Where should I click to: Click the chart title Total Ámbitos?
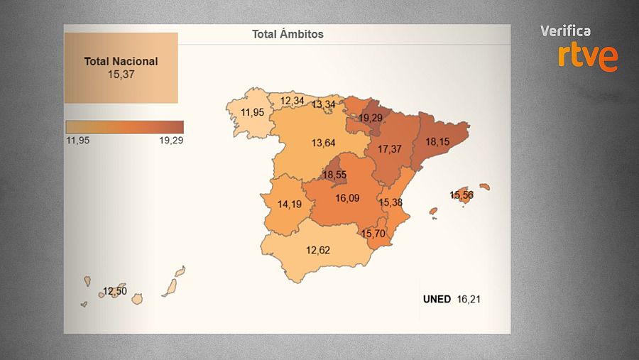288,34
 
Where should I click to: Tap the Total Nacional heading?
121,62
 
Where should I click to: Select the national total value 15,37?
121,74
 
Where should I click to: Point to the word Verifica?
565,31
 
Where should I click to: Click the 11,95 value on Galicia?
252,112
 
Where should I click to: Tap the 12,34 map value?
292,101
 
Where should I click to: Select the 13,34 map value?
323,104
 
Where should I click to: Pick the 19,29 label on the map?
370,118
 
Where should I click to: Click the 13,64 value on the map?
323,143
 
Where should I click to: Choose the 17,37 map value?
389,149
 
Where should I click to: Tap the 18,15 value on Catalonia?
437,141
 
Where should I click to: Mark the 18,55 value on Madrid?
334,174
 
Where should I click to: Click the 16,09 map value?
347,198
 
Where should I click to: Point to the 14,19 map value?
289,204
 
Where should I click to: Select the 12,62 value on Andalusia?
317,250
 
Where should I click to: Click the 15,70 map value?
373,233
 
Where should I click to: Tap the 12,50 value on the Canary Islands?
115,291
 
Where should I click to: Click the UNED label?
437,299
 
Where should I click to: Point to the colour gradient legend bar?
124,127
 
